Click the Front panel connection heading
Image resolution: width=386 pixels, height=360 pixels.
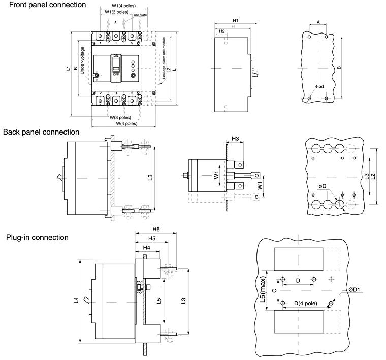tap(43, 5)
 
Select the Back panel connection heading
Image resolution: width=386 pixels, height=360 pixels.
tap(41, 132)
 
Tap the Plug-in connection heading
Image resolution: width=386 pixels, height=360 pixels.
tap(37, 237)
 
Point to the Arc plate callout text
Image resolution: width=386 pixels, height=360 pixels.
tap(140, 16)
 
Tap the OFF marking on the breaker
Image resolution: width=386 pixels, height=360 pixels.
tap(116, 74)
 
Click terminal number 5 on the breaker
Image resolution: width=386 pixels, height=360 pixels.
tap(132, 43)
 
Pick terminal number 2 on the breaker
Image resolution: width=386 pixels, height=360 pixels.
tap(101, 93)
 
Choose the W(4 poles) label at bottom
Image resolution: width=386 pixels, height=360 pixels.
tap(123, 123)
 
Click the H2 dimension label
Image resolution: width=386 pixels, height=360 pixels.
tap(222, 31)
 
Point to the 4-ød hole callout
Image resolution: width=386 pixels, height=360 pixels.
tap(319, 87)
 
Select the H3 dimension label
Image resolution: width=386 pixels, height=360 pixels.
tap(235, 138)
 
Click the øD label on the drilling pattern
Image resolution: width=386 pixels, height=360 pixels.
tap(322, 186)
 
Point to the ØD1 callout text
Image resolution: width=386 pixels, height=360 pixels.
tap(340, 290)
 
